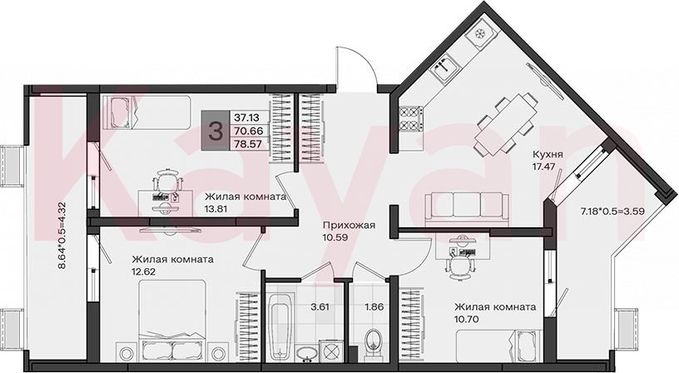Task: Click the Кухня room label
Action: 548,155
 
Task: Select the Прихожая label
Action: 349,226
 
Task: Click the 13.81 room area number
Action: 216,209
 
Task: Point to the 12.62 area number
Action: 144,272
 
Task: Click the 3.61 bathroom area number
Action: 320,307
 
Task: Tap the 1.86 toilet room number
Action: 374,307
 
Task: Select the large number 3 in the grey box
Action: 216,131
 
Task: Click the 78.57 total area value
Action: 248,144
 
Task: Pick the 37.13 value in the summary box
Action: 246,117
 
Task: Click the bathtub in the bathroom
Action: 279,326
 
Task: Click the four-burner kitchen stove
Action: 410,119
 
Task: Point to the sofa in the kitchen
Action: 467,209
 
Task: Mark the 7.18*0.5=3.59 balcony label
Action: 612,211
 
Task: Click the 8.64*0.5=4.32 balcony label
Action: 62,236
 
